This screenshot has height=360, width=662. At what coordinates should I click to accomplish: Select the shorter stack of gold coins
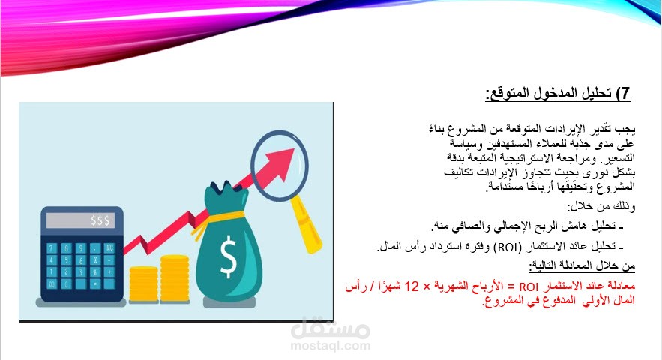point(143,283)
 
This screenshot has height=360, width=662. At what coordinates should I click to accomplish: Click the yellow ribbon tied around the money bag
point(224,217)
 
